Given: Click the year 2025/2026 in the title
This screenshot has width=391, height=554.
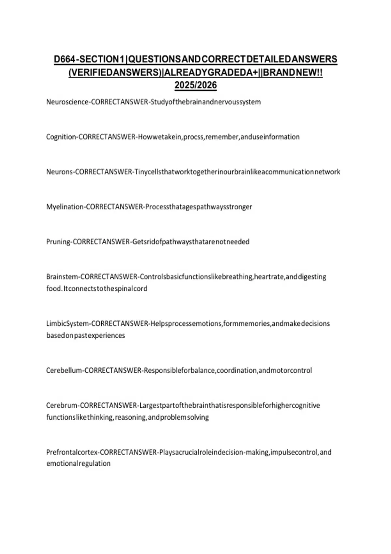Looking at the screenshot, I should point(195,85).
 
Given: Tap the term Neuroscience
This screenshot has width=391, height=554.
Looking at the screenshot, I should point(67,102).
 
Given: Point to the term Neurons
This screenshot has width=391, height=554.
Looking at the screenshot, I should point(59,172).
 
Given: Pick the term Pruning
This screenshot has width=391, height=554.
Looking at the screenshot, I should point(58,242).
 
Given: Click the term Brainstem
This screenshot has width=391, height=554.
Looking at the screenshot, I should point(62,277).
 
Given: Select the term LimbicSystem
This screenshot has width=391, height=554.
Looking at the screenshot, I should point(67,324).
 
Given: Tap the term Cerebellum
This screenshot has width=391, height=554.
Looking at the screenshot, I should point(64,371).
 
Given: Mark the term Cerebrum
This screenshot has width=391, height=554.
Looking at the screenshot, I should point(62,405).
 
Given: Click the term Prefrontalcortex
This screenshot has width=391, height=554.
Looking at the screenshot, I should point(72,452).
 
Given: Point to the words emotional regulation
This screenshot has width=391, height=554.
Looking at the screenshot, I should point(78,463).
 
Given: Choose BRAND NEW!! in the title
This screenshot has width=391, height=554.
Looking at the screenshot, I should point(293,72).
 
